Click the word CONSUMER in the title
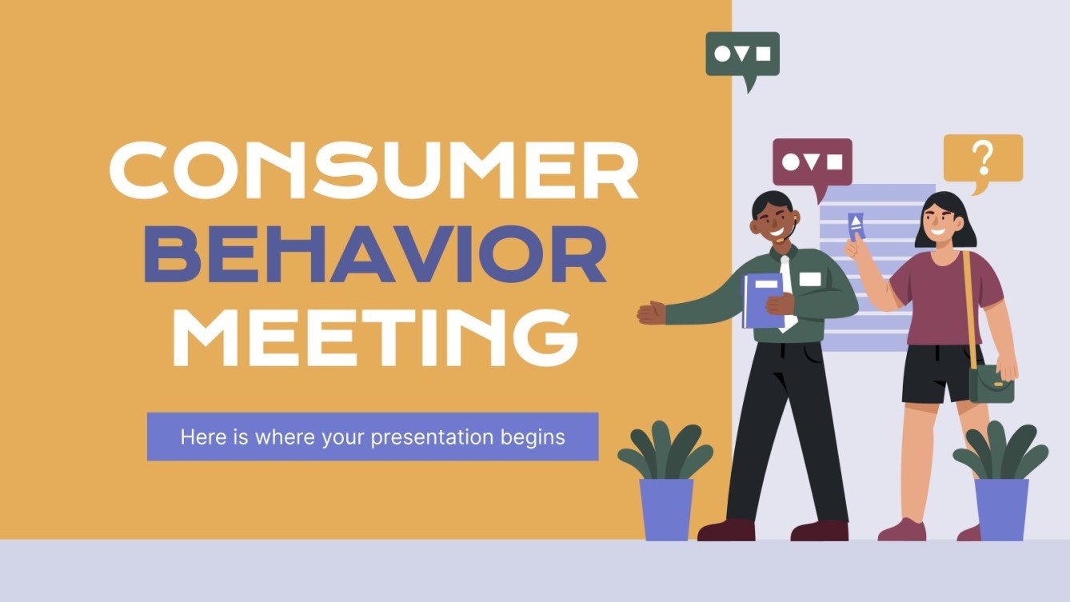(x=373, y=169)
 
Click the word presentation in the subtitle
(x=417, y=437)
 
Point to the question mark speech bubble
(x=983, y=159)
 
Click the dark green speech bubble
(x=742, y=54)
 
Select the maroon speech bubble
(x=812, y=162)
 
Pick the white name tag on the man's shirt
(x=810, y=279)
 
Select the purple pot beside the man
(x=666, y=508)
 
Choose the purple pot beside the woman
(x=1001, y=508)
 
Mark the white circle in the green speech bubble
(x=723, y=54)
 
